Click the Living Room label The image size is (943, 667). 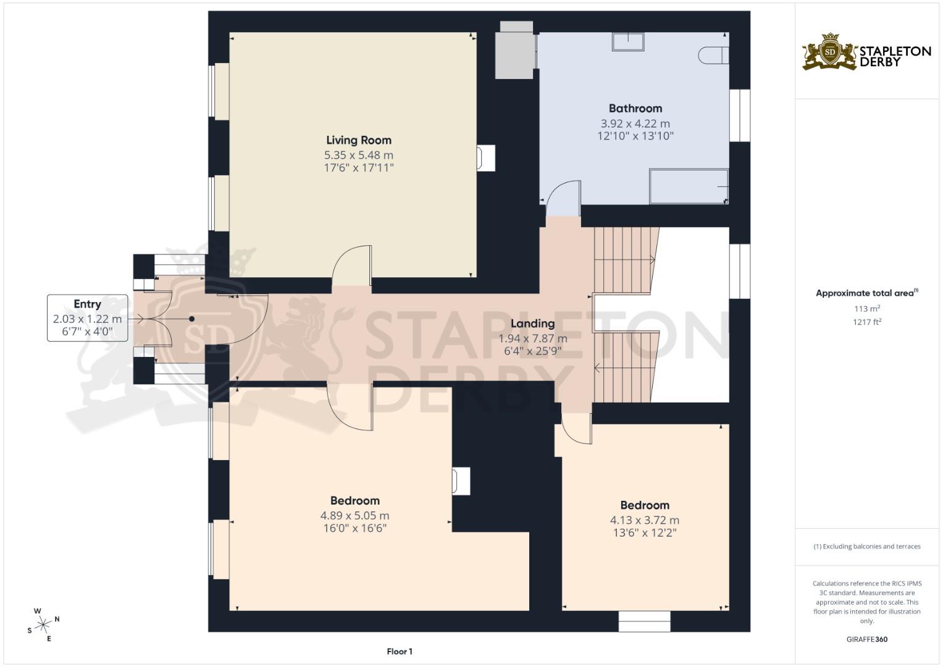tap(359, 140)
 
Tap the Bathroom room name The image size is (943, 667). tap(635, 108)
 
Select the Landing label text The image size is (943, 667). tap(532, 323)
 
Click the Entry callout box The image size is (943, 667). tap(88, 318)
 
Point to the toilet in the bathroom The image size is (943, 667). tap(713, 56)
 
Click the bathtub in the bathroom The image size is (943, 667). tap(689, 186)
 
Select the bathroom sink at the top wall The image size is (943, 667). tap(628, 41)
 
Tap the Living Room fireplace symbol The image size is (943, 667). tap(485, 157)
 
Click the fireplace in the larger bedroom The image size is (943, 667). tap(461, 480)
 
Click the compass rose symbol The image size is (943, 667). tap(43, 625)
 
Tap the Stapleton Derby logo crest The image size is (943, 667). tap(830, 52)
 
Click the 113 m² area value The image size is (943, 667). tap(866, 309)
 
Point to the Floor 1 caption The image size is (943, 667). tap(400, 651)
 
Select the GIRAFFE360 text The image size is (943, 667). tap(866, 639)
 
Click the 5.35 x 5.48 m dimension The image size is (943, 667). tap(359, 155)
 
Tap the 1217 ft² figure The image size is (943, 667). tap(866, 322)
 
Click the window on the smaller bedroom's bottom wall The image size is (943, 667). tap(644, 621)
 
